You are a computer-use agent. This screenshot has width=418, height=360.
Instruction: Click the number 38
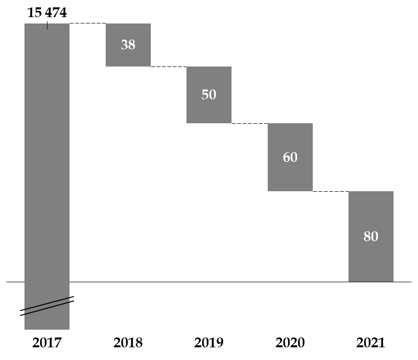click(x=128, y=45)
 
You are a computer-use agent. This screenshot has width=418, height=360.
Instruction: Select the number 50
click(x=209, y=95)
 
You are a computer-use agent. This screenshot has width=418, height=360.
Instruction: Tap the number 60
click(x=290, y=157)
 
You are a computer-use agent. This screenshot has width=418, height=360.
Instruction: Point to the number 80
click(x=371, y=237)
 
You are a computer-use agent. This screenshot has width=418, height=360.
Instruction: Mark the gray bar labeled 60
click(x=290, y=179)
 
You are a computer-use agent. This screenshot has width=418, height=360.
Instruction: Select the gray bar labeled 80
click(x=371, y=264)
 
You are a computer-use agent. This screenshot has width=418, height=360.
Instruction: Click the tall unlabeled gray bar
click(x=47, y=161)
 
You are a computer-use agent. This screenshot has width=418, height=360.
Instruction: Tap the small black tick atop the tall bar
click(x=47, y=26)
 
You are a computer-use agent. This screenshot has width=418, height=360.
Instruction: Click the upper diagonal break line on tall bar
click(x=47, y=303)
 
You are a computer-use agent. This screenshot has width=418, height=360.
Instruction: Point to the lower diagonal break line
click(x=47, y=309)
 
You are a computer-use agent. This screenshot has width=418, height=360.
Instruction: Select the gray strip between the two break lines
click(x=47, y=306)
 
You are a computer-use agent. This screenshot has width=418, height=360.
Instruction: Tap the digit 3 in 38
click(x=124, y=45)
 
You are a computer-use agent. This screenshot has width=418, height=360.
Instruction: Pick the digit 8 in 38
click(x=132, y=45)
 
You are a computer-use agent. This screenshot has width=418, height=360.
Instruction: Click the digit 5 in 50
click(x=205, y=95)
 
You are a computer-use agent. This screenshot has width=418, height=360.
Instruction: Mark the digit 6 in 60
click(x=286, y=157)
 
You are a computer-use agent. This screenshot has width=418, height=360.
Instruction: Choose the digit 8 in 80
click(x=367, y=237)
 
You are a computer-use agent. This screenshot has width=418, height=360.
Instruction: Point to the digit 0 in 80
click(x=375, y=237)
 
